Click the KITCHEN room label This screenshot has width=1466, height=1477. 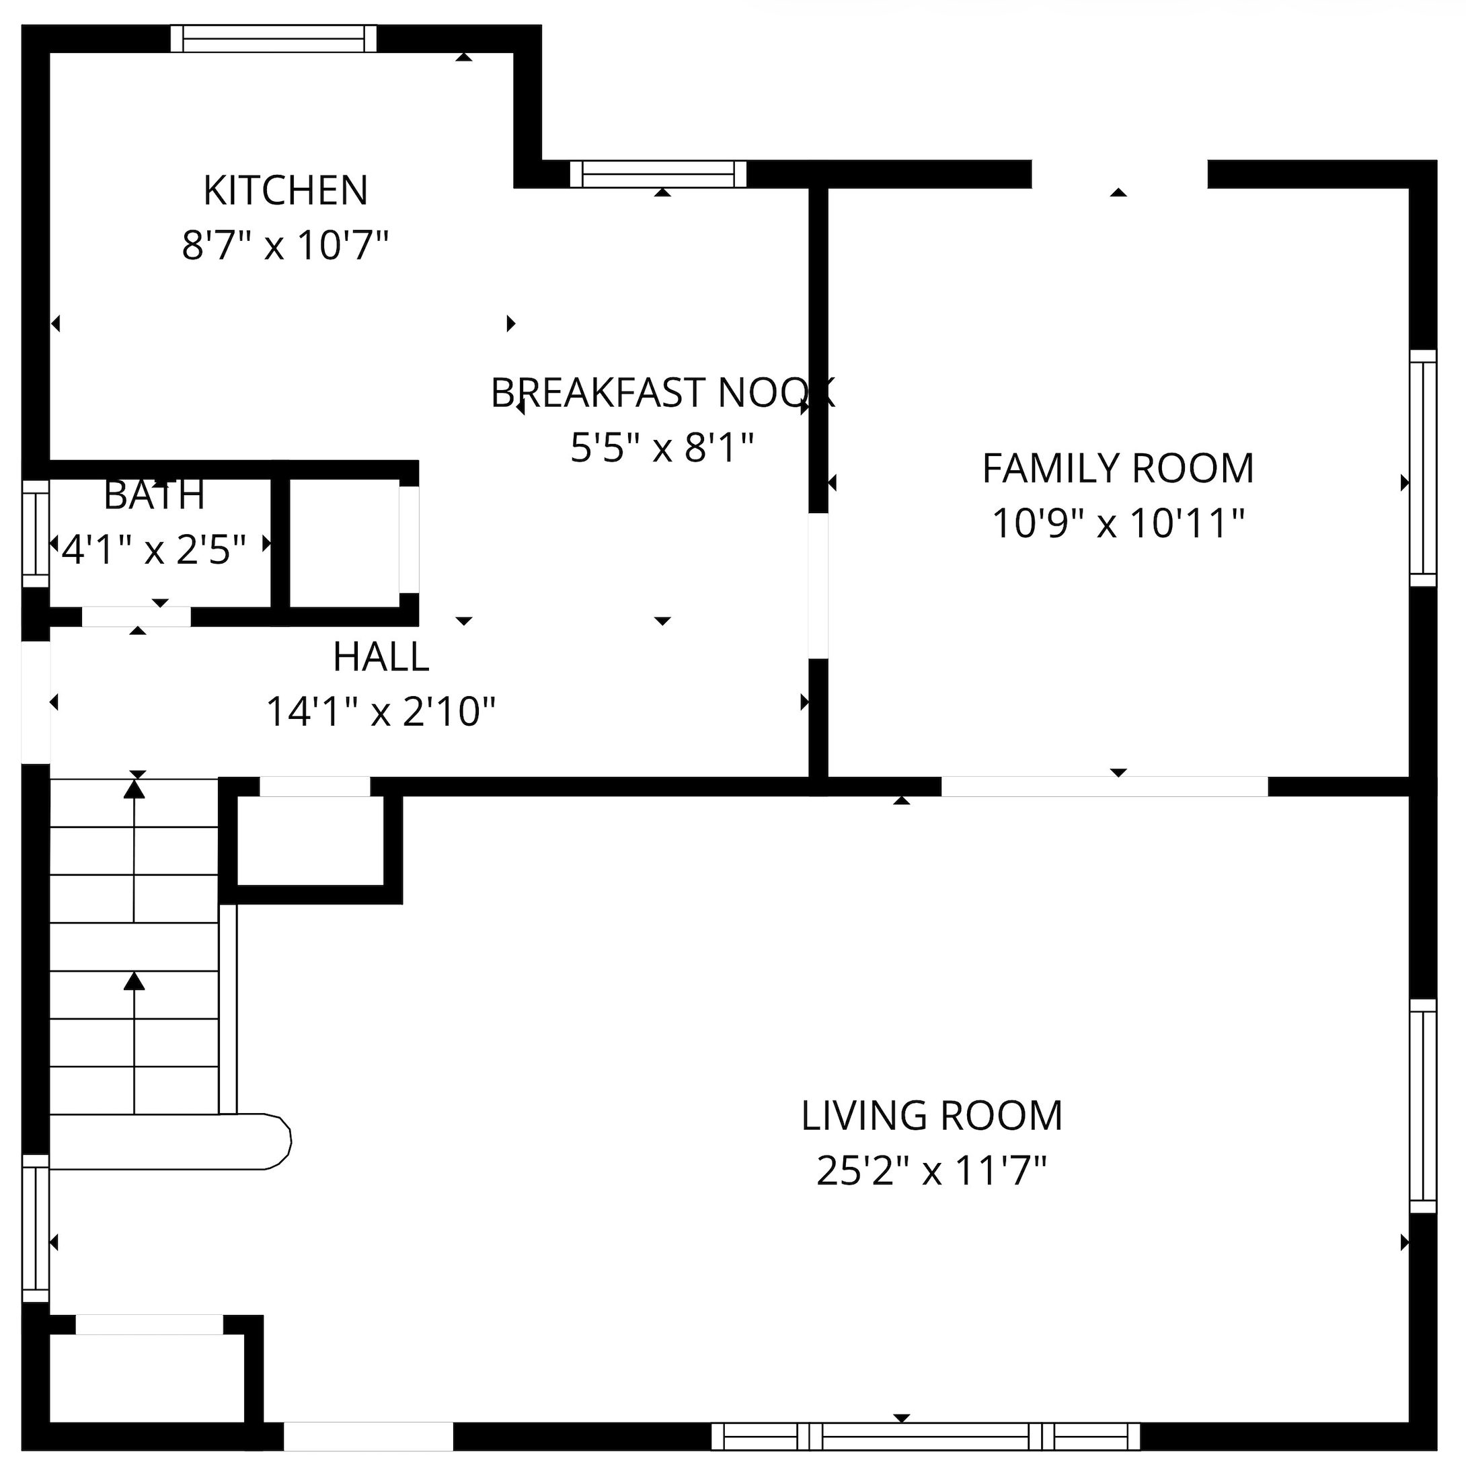(x=286, y=190)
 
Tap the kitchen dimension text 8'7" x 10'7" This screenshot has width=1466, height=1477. (x=286, y=245)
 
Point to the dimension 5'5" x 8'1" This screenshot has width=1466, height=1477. (x=662, y=447)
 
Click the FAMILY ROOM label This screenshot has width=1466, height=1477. (x=1118, y=469)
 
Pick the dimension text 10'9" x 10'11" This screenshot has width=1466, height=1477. (x=1118, y=524)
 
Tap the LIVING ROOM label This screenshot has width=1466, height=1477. (x=932, y=1116)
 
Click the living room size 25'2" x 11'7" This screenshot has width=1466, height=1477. (x=932, y=1171)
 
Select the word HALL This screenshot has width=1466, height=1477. (x=381, y=656)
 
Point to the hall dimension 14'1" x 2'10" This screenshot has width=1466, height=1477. (x=381, y=712)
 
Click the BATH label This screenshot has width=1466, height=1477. (x=155, y=496)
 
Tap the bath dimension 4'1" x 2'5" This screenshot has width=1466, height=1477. (x=155, y=550)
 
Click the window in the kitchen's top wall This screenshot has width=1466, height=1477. (x=274, y=39)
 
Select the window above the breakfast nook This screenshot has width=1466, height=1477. (x=658, y=174)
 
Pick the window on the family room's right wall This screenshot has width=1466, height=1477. (x=1423, y=468)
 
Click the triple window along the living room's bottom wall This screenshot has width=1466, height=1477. (x=925, y=1437)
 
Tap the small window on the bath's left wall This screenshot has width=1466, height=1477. (x=35, y=533)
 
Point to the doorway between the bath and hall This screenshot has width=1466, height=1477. (x=136, y=616)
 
